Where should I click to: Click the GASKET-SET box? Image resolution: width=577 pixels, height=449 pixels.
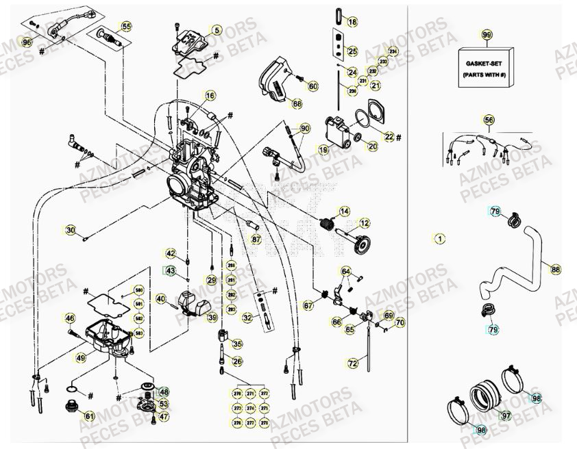click(487, 67)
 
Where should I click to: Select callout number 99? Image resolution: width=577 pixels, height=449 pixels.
click(487, 35)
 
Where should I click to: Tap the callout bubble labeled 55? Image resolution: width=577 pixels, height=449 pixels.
click(126, 27)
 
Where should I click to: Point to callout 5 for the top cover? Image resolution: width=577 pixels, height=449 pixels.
click(217, 30)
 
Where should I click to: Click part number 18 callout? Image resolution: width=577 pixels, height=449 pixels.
click(352, 22)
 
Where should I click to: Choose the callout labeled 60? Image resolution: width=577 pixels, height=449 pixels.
click(313, 86)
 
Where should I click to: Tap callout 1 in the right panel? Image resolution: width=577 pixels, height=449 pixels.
click(439, 238)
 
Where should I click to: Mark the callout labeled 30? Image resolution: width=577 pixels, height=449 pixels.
click(71, 229)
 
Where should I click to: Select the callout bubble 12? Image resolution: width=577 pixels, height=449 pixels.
click(365, 223)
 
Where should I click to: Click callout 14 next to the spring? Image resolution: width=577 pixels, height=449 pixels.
click(345, 211)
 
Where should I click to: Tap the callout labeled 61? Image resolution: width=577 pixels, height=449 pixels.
click(89, 415)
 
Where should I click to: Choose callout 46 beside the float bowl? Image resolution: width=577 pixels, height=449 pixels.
click(69, 318)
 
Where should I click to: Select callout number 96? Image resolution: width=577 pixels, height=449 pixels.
click(27, 42)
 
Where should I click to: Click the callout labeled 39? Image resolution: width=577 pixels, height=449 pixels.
click(212, 318)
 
